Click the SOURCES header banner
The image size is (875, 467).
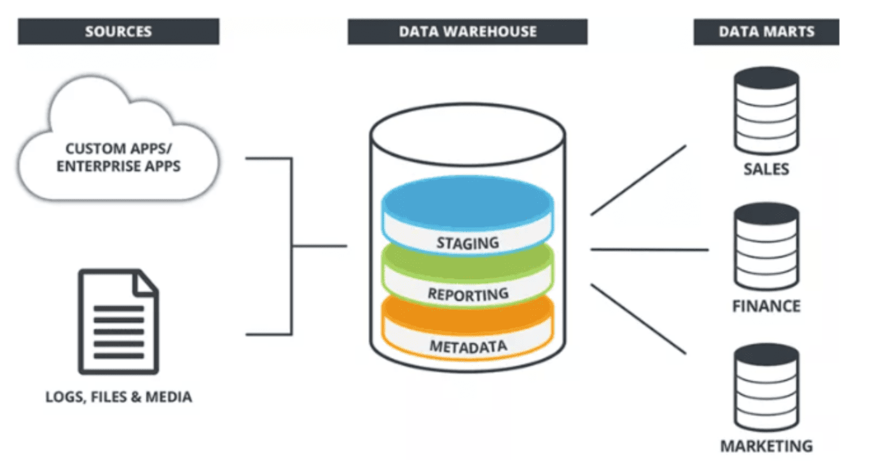coord(118,31)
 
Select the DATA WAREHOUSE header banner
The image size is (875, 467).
coord(467,32)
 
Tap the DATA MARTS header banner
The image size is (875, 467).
coord(766,32)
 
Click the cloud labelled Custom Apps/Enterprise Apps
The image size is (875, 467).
coord(118,157)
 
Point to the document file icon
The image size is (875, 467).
coord(118,321)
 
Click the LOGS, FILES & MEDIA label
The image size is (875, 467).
coord(119,396)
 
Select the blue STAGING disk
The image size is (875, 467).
coord(467,215)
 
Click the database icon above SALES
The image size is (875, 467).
coord(766,111)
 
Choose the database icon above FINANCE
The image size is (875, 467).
coord(766,247)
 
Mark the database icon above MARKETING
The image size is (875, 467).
coord(766,387)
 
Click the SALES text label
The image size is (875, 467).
coord(766,169)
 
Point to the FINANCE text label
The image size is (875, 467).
coord(766,306)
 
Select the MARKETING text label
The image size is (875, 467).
coord(766,446)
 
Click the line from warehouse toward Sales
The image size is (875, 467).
coord(638,181)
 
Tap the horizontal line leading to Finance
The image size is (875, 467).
coord(650,249)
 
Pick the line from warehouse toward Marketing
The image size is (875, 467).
coord(638,319)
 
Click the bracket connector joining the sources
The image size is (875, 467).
coord(292,246)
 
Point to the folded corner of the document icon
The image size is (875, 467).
coord(146,282)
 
